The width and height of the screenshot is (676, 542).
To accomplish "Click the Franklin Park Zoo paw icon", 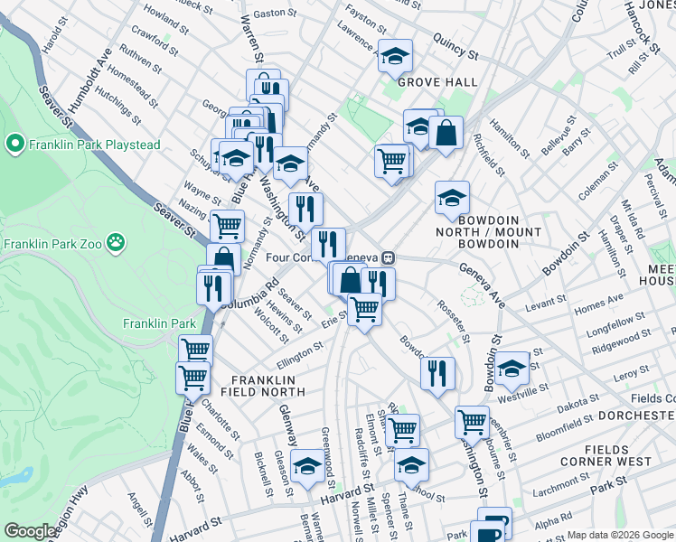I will click(x=115, y=242).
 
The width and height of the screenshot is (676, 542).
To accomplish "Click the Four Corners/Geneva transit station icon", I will click(x=387, y=257).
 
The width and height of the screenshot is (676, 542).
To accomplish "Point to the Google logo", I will click(x=30, y=531).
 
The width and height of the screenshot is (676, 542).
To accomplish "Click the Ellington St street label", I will click(x=300, y=353).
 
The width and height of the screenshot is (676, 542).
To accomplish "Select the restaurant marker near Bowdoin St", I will click(x=437, y=373).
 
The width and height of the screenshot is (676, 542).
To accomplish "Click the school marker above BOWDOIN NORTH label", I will click(x=452, y=198).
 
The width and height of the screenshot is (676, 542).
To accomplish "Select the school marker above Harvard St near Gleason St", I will click(x=308, y=466).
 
